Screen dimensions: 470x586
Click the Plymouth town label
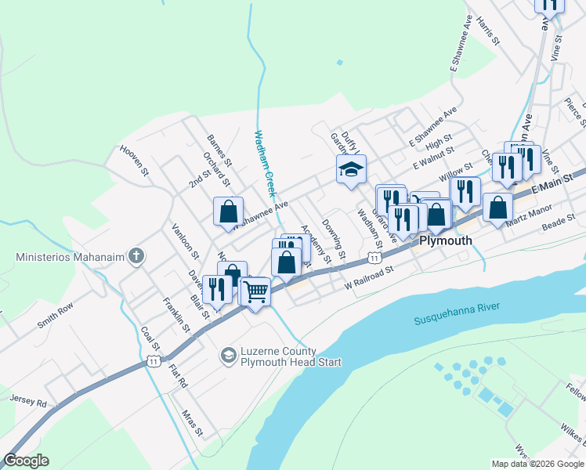pos(446,240)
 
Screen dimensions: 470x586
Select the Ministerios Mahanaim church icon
pos(136,256)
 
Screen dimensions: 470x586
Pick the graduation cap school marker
pos(351,168)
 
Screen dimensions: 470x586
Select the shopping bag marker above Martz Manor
pos(497,207)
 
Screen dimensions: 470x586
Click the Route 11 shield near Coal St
pos(154,360)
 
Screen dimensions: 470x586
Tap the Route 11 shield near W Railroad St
pos(375,258)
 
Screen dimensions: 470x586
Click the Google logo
pos(27,461)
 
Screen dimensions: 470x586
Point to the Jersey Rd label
pos(29,399)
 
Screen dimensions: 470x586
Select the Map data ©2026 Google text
pos(537,464)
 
